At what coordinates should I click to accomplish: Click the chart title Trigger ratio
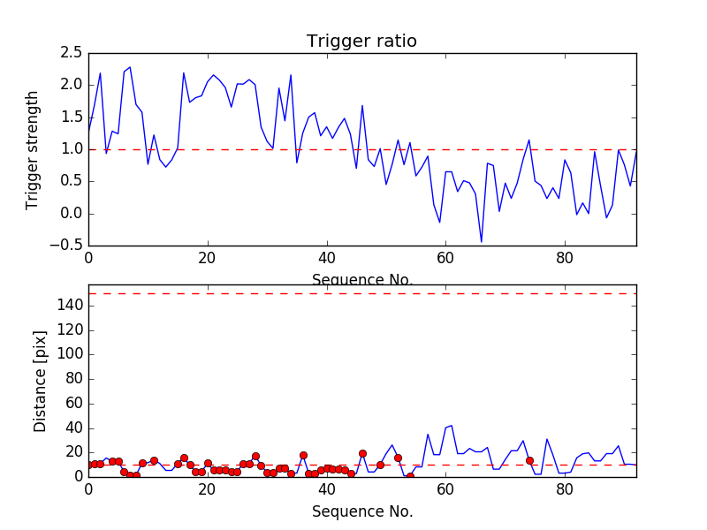point(361,42)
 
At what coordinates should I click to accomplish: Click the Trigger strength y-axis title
point(33,149)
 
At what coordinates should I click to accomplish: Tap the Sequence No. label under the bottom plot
point(361,511)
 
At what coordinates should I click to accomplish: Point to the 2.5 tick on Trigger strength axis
point(71,53)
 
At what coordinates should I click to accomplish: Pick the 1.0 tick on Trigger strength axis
point(71,149)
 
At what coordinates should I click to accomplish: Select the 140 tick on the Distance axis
point(70,306)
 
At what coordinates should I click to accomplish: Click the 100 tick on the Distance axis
point(70,354)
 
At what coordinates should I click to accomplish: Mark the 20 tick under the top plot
point(207,260)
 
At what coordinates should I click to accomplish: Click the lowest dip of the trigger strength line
point(482,241)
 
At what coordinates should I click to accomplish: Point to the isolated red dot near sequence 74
point(529,460)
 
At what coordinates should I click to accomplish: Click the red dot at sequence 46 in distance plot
point(362,453)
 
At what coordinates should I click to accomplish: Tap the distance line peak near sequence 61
point(452,426)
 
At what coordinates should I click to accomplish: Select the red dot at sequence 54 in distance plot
point(410,476)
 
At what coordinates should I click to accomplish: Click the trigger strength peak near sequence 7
point(130,67)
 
